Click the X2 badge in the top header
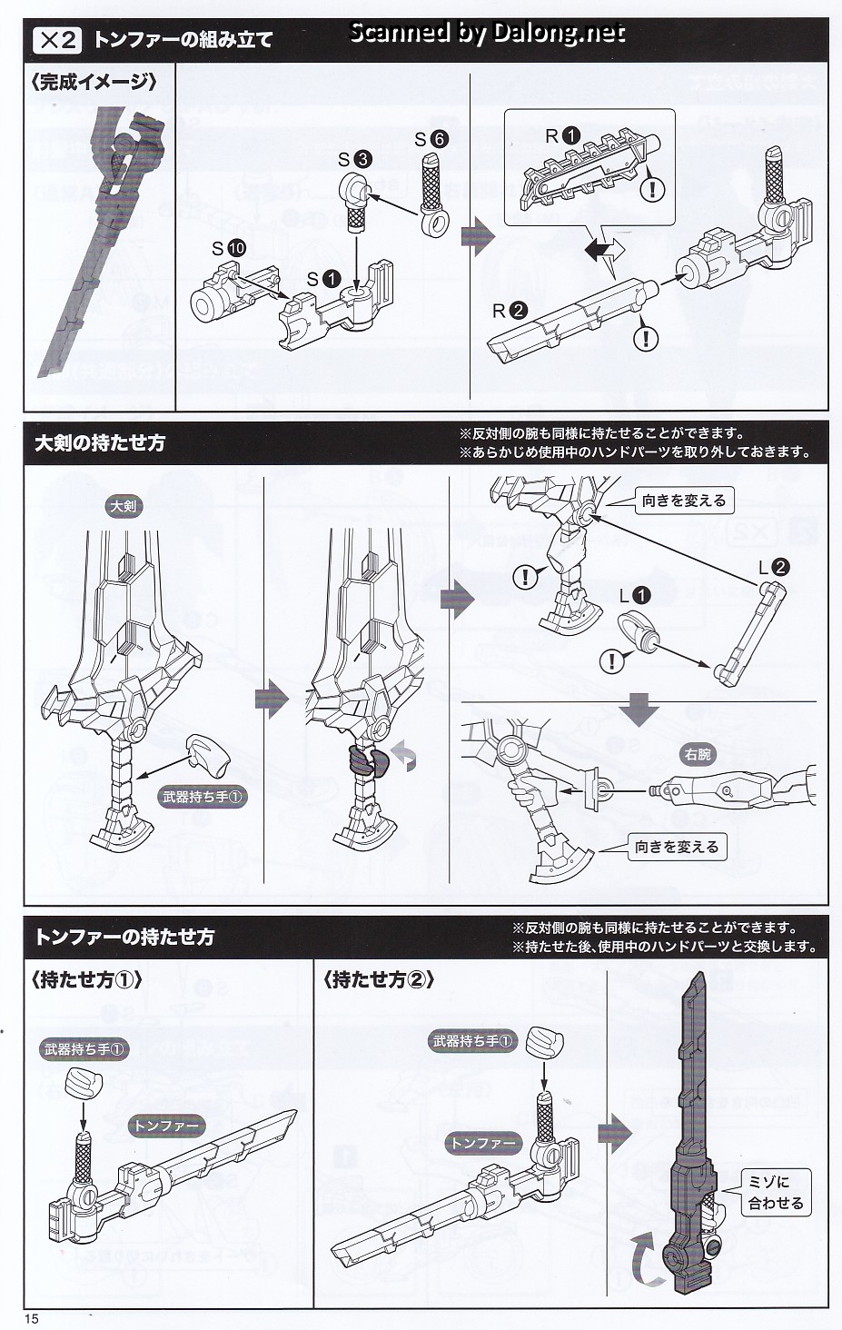[x=57, y=40]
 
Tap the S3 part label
[x=354, y=160]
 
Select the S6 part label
[x=431, y=139]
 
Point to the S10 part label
[x=229, y=248]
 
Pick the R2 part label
[x=510, y=311]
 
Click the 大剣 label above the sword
[x=123, y=506]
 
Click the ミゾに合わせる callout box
[x=776, y=1192]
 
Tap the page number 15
[x=32, y=1319]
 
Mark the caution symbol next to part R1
[x=652, y=189]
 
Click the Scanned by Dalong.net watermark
[x=487, y=33]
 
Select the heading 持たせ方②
[x=378, y=980]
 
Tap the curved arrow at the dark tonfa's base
[x=647, y=1253]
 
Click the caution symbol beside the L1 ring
[x=612, y=660]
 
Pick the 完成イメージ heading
[x=94, y=82]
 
